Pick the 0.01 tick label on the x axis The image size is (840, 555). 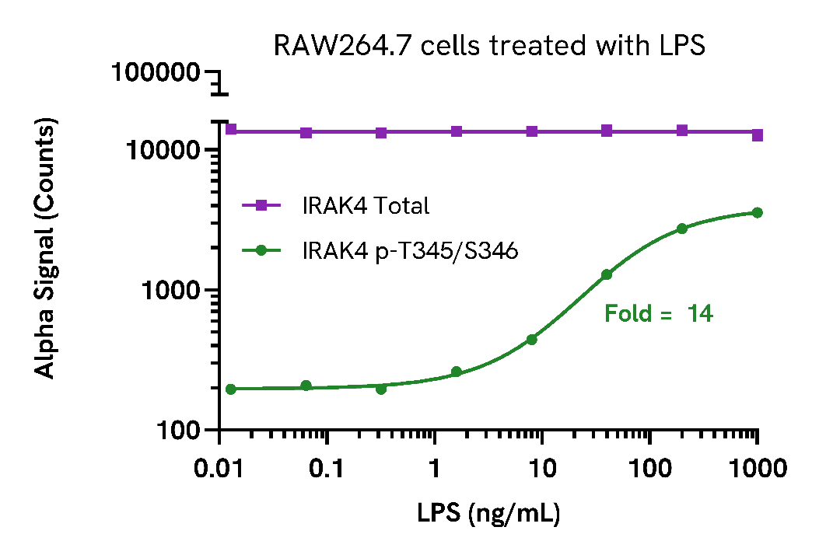221,469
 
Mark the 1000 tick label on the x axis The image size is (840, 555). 757,469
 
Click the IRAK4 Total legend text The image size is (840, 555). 366,206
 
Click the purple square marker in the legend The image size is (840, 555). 261,205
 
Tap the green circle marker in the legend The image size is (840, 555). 261,250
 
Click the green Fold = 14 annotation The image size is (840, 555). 659,314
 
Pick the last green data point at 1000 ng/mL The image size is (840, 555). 757,212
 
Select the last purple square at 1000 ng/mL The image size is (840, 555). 757,135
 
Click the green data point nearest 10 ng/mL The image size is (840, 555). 532,340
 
